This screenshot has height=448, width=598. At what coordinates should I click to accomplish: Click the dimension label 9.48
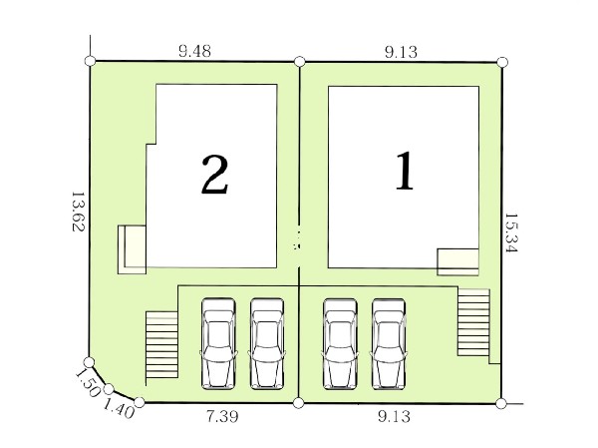coord(194,51)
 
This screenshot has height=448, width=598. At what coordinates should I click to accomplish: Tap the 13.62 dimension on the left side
coord(78,212)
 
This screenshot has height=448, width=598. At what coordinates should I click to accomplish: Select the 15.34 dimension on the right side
coord(510,232)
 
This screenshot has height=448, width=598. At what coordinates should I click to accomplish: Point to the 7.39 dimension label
coord(222,416)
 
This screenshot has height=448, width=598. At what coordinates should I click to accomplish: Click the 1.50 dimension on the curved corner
coord(88,383)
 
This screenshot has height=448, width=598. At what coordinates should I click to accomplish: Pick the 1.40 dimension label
coord(119,408)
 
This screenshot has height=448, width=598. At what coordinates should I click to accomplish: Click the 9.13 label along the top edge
coord(401,52)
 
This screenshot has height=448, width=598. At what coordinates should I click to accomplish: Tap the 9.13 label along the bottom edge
coord(395,416)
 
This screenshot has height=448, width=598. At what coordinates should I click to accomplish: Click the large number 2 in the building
coord(214,175)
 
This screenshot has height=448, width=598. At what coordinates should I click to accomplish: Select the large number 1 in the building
coord(405,171)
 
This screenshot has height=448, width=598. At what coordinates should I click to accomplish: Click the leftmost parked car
coord(218,344)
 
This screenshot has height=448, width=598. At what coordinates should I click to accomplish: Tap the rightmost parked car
coord(389,344)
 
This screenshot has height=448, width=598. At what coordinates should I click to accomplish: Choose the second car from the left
coord(267,344)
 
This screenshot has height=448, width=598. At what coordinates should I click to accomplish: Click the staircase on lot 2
coord(161,344)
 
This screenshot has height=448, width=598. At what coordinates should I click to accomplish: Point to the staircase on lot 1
coord(473,322)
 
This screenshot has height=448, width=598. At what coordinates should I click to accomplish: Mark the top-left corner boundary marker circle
coord(91,61)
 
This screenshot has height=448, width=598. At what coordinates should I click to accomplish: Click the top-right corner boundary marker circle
coord(502,62)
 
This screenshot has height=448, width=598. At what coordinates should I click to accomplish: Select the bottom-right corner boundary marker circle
coord(501,403)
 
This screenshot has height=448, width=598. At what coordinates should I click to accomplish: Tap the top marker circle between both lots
coord(300,61)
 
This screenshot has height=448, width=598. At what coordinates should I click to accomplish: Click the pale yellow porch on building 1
coord(457,262)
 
